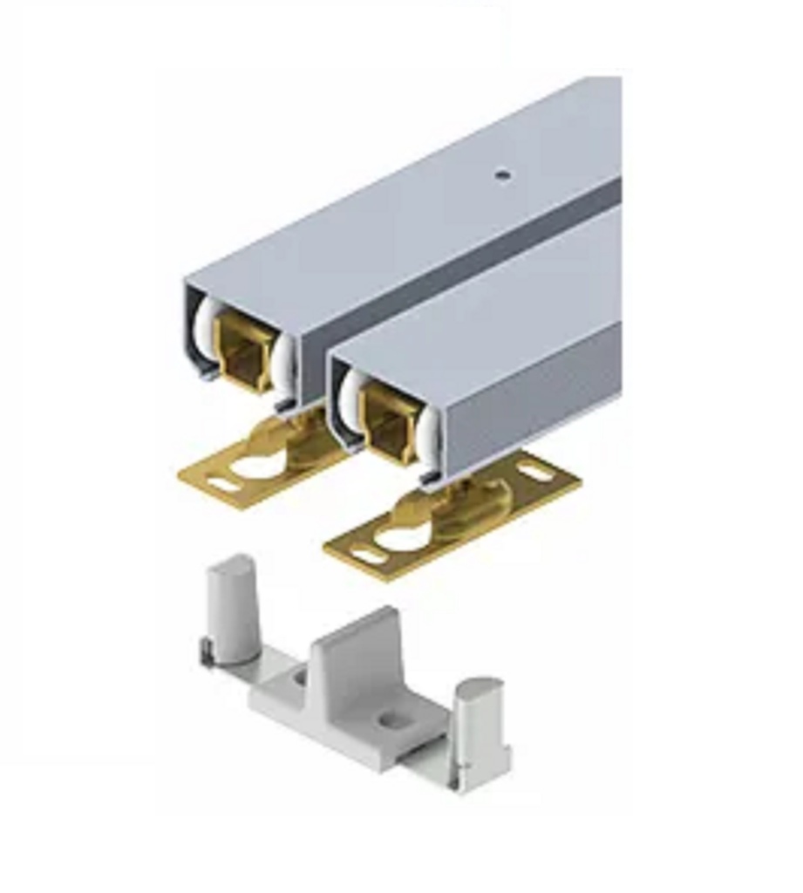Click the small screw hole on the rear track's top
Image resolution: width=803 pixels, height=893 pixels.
point(501,174)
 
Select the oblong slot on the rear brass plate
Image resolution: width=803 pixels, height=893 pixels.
point(226,481)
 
